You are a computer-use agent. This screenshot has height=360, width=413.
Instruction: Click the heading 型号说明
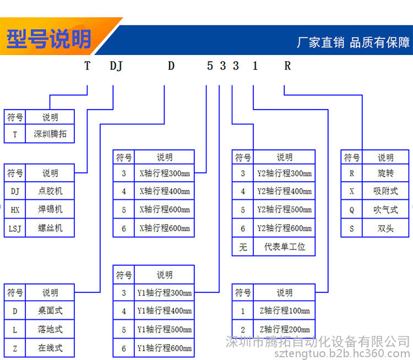point(48,39)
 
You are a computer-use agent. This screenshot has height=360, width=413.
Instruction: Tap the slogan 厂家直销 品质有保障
point(353,42)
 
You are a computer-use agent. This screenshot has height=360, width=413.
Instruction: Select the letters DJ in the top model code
point(116,66)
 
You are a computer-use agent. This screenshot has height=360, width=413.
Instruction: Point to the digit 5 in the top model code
point(210,66)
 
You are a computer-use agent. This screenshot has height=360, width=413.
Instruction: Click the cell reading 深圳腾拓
point(50,134)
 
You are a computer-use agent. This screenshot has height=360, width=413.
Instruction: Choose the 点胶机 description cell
point(50,191)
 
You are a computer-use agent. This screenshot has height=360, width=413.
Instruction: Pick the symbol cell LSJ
point(15,228)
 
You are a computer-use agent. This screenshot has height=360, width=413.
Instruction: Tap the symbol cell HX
point(15,210)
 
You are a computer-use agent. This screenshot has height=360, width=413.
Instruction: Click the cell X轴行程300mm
point(164,173)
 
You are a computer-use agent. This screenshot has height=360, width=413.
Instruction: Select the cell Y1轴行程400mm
point(164,311)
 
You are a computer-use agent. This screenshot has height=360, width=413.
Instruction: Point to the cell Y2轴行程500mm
point(284,210)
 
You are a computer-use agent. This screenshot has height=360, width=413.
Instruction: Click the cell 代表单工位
point(284,247)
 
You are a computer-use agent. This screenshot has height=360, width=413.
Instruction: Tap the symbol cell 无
point(243,247)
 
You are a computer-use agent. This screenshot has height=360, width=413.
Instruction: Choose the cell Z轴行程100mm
point(284,311)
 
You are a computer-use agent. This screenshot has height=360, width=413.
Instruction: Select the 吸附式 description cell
point(385,191)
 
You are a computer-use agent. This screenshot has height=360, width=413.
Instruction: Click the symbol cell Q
point(352,210)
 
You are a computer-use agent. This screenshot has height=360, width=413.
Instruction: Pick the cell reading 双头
point(385,228)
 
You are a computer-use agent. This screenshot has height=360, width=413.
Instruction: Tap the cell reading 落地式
point(50,329)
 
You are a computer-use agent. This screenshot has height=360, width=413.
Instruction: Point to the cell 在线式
point(50,348)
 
